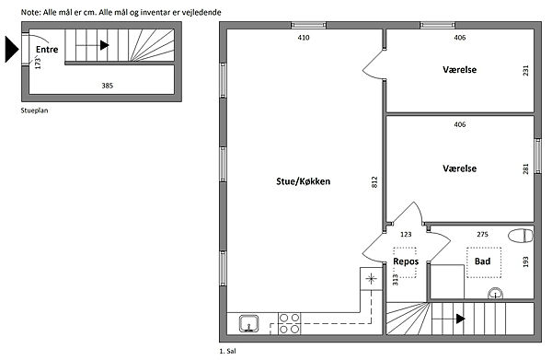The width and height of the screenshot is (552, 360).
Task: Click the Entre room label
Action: pyautogui.click(x=47, y=50)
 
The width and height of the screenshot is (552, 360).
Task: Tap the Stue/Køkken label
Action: pyautogui.click(x=303, y=181)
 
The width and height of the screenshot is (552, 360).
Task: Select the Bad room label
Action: pyautogui.click(x=482, y=261)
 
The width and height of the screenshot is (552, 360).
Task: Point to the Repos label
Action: pyautogui.click(x=406, y=261)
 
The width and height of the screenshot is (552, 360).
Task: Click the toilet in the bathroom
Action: pyautogui.click(x=521, y=236)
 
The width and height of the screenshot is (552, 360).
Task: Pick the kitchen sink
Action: pyautogui.click(x=249, y=323)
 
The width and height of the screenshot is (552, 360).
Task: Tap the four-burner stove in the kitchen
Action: pyautogui.click(x=290, y=323)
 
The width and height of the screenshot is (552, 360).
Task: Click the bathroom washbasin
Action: pyautogui.click(x=495, y=293)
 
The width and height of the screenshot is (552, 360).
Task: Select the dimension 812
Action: pyautogui.click(x=374, y=181)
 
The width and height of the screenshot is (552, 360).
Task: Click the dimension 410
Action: pyautogui.click(x=304, y=38)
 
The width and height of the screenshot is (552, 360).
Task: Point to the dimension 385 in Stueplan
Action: pyautogui.click(x=108, y=86)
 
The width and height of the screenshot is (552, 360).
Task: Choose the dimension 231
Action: pyautogui.click(x=525, y=71)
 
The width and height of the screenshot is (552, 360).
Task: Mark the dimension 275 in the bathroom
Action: pyautogui.click(x=482, y=234)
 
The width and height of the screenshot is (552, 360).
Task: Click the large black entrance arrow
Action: pyautogui.click(x=12, y=50)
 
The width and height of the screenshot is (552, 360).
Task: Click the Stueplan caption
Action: pyautogui.click(x=35, y=110)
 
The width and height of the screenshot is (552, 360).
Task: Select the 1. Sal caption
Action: pyautogui.click(x=228, y=351)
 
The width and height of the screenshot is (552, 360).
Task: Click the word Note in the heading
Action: pyautogui.click(x=31, y=12)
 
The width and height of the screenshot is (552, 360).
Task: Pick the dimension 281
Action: pyautogui.click(x=525, y=168)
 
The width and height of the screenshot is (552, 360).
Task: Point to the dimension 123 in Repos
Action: pyautogui.click(x=406, y=234)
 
